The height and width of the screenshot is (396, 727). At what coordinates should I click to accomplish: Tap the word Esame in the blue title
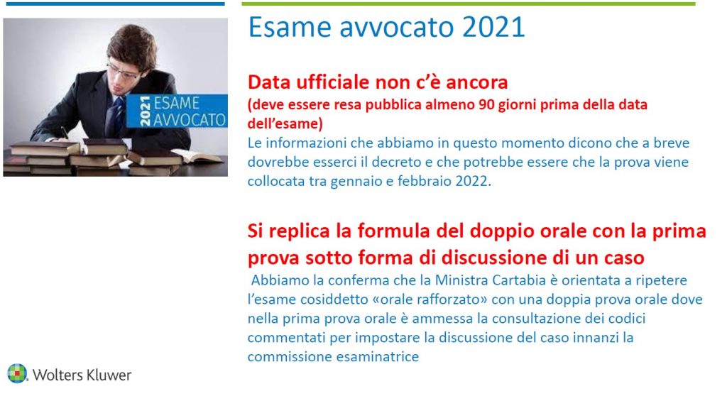tap(290, 27)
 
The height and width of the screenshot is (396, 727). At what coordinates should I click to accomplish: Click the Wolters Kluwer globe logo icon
tap(17, 374)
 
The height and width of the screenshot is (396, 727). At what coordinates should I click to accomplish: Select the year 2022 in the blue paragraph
tap(474, 181)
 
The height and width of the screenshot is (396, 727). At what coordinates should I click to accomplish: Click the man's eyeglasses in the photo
tap(124, 72)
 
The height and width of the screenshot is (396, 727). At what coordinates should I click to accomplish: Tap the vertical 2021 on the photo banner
tap(145, 111)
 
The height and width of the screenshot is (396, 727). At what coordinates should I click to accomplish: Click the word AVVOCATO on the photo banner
tap(189, 120)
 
